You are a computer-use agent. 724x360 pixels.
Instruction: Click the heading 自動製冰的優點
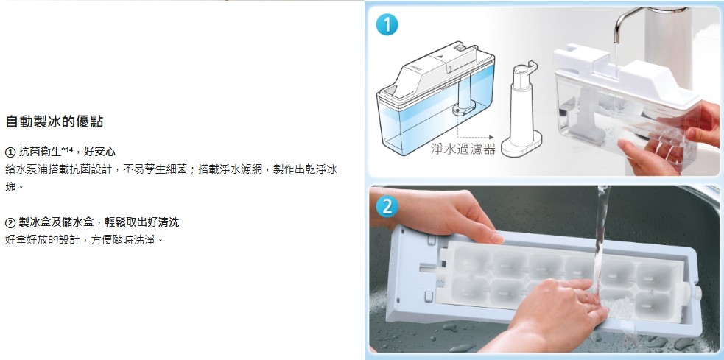point(54,122)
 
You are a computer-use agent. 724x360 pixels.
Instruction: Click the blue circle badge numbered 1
point(387,24)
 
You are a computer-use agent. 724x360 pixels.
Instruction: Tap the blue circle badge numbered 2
point(387,207)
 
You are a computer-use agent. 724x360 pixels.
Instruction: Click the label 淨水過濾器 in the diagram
point(463,149)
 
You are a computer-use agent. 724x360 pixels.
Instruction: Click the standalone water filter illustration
point(521,109)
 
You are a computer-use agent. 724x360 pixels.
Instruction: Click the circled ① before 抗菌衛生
point(10,152)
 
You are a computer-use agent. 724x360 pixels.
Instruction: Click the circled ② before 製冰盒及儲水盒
point(10,222)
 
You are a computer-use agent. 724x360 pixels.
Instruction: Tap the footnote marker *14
point(68,149)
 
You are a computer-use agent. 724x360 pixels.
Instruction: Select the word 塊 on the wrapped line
point(10,187)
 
